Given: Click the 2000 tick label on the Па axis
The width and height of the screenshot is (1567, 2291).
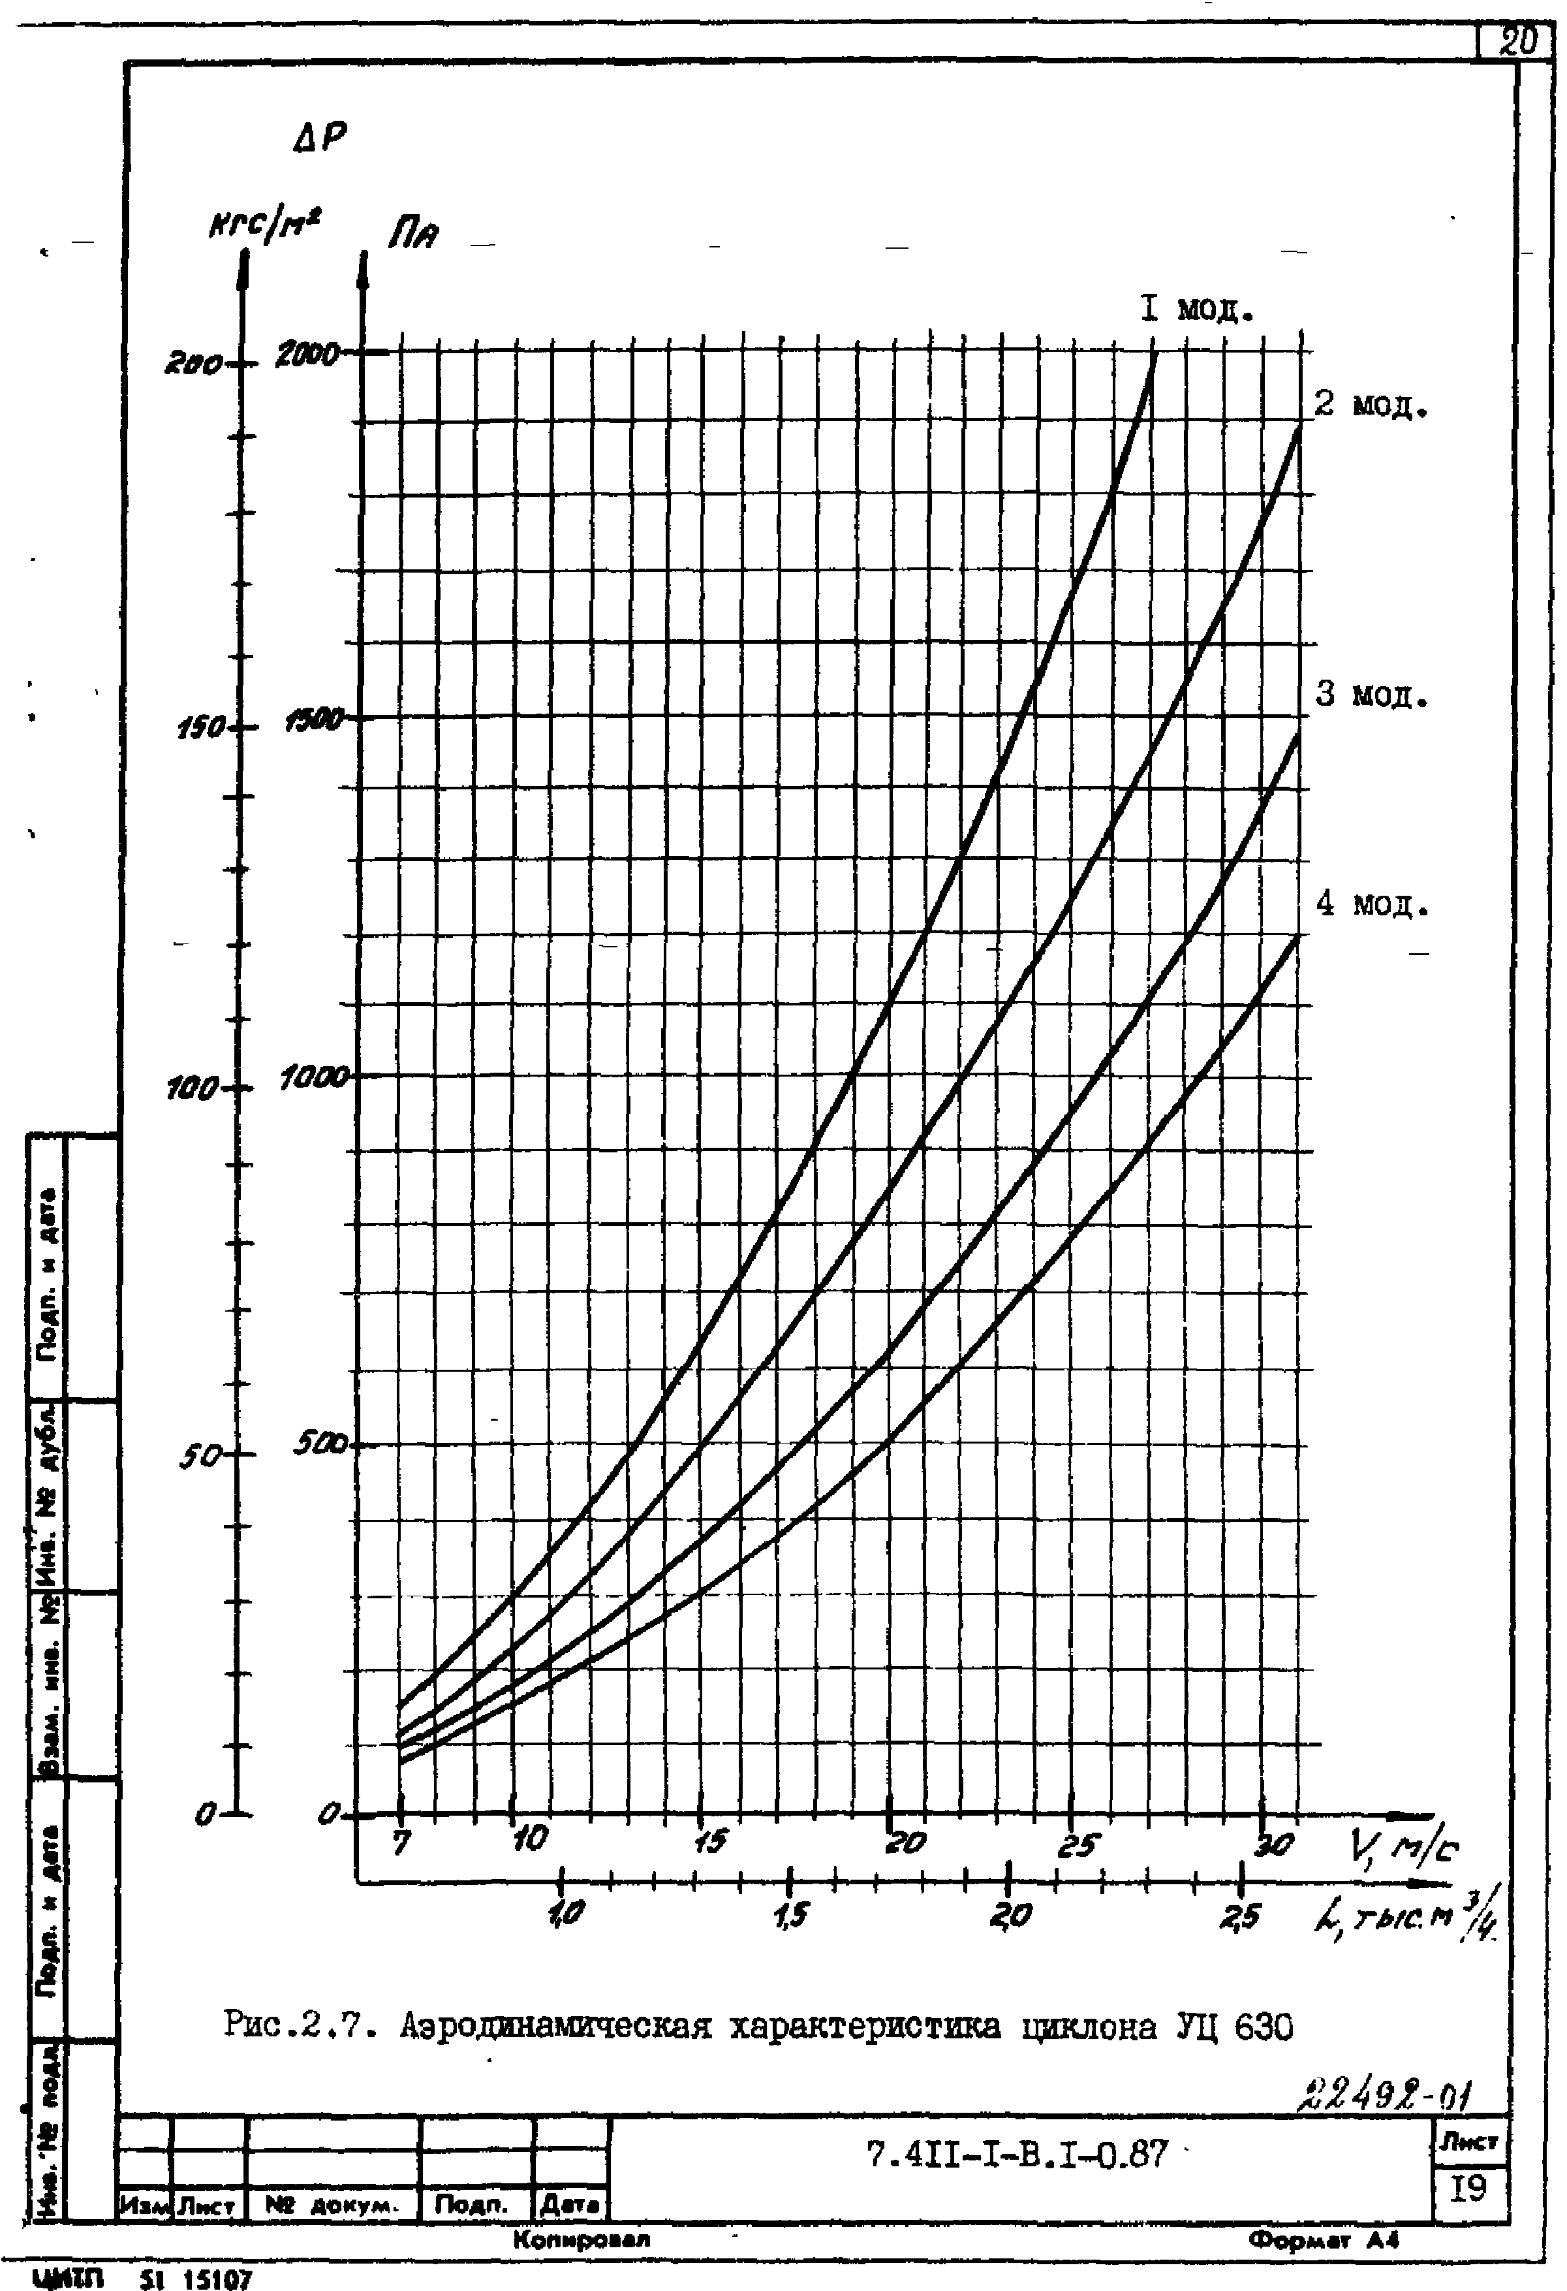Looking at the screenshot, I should click(309, 354).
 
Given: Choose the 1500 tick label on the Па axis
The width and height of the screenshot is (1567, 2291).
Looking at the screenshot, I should click(313, 721).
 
